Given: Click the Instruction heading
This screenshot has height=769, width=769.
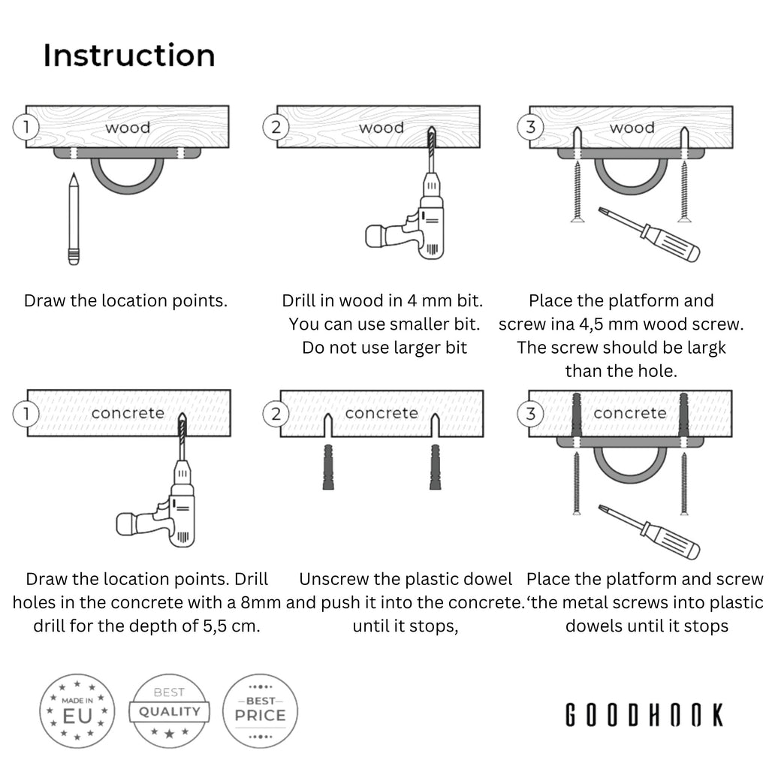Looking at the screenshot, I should (x=128, y=56).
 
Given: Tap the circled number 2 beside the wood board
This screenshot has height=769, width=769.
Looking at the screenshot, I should (x=276, y=127).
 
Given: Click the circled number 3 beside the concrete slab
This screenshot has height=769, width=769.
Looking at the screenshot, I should (x=531, y=412).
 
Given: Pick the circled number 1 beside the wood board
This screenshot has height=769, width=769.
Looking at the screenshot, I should (x=26, y=127).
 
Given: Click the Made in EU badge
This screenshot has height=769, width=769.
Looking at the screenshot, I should (x=77, y=710).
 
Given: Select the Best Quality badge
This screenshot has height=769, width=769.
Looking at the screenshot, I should (x=168, y=710).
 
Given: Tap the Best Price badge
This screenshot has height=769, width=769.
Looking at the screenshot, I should (x=261, y=710).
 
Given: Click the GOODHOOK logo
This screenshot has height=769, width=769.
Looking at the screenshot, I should (x=644, y=715).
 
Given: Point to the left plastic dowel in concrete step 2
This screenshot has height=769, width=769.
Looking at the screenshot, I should (x=328, y=467).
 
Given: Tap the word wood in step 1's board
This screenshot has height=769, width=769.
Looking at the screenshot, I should (x=128, y=128).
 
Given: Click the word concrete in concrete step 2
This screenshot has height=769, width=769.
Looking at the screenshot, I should (x=381, y=413).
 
